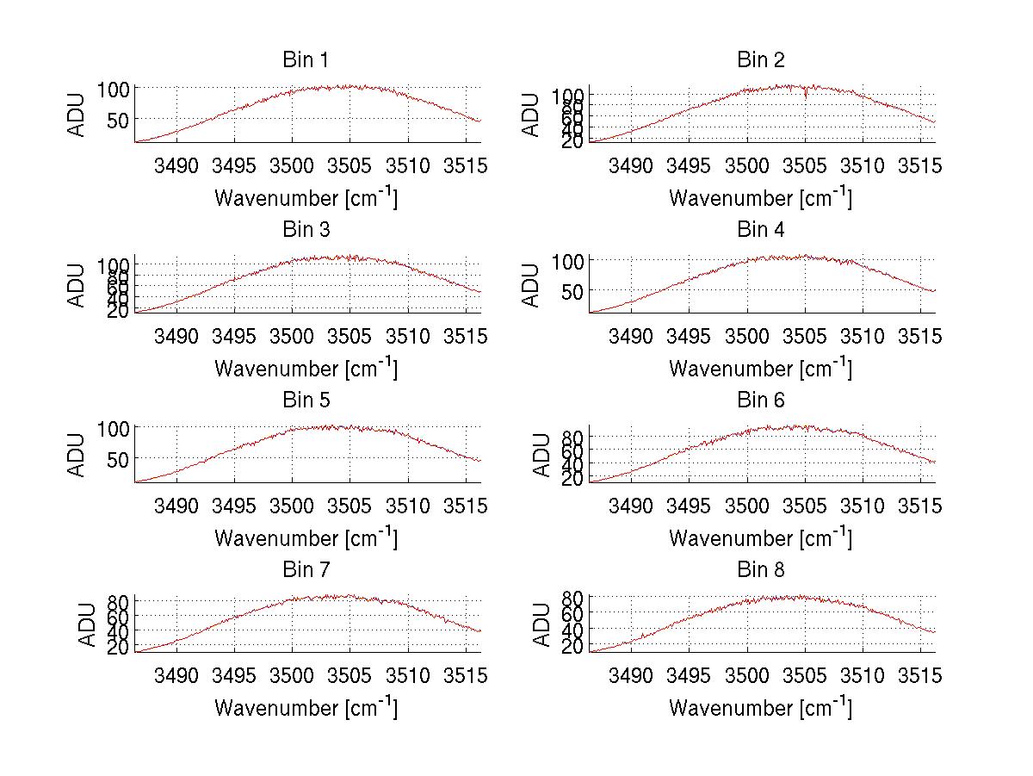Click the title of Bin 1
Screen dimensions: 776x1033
(305, 60)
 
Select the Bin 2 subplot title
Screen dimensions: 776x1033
(760, 60)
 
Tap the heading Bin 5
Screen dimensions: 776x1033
(305, 400)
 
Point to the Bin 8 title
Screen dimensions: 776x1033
(760, 570)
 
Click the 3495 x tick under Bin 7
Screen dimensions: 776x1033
(234, 675)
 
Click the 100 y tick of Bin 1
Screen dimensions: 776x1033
(113, 88)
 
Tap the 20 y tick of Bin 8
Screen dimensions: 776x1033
(572, 647)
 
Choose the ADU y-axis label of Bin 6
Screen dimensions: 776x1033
(541, 455)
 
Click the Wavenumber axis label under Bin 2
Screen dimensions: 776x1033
(760, 197)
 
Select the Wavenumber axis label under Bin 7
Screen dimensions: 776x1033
(305, 707)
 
